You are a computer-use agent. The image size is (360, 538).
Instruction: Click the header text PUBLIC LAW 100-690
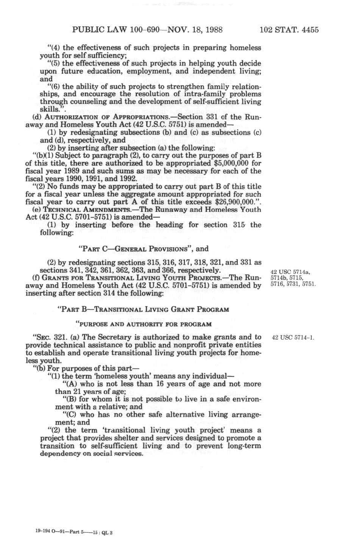coord(114,30)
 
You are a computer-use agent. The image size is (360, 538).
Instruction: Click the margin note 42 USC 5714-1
coord(292,338)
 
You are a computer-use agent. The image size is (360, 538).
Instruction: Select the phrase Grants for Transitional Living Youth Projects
coord(134,278)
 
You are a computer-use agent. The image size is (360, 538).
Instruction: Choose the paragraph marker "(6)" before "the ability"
coord(54,86)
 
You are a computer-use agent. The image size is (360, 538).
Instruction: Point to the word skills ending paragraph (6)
coord(48,109)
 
